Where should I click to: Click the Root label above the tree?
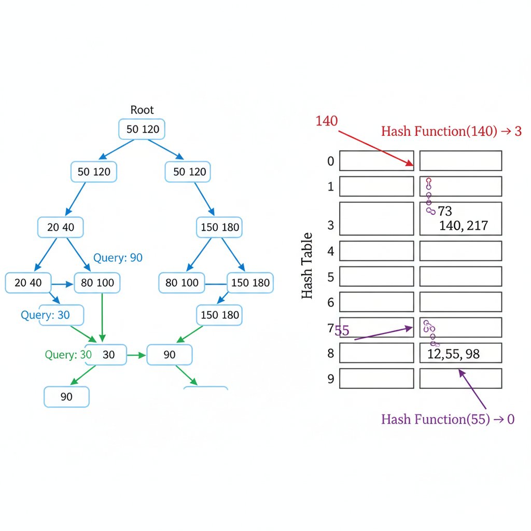(x=142, y=110)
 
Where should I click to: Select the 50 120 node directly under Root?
(x=142, y=129)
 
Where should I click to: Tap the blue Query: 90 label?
(x=118, y=258)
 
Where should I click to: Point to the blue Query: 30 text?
(x=45, y=315)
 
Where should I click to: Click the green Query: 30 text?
(x=68, y=355)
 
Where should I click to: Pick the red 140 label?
(x=327, y=121)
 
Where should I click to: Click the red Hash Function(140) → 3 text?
(x=451, y=131)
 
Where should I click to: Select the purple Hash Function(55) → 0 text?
(x=448, y=420)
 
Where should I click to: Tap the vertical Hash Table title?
(x=307, y=265)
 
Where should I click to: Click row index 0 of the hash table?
(x=330, y=161)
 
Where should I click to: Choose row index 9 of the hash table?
(x=330, y=379)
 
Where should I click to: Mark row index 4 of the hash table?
(x=330, y=251)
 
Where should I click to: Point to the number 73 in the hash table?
(x=445, y=211)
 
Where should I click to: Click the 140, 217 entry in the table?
(x=463, y=226)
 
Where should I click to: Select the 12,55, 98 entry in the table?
(x=454, y=354)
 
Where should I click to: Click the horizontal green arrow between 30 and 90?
(x=137, y=355)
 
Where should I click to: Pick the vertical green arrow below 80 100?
(x=102, y=316)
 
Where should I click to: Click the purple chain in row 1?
(x=429, y=196)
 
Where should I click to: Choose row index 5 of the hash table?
(x=330, y=277)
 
